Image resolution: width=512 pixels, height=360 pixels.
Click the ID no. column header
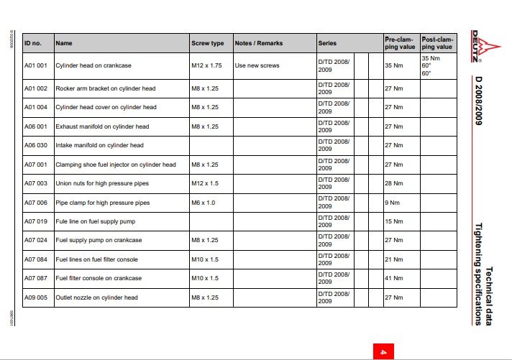point(34,43)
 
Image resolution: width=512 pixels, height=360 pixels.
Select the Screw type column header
point(207,43)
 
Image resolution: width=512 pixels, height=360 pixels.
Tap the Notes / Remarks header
point(259,43)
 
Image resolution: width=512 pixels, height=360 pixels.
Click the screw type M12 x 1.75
point(207,65)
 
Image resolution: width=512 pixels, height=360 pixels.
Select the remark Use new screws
point(257,65)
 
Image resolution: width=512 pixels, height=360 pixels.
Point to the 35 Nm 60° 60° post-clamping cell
point(431,65)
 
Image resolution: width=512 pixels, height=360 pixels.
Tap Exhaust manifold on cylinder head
point(102,126)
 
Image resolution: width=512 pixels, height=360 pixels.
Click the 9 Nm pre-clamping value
point(392,203)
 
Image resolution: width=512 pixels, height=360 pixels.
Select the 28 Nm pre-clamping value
point(393,184)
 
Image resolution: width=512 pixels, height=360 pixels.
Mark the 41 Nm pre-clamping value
point(393,278)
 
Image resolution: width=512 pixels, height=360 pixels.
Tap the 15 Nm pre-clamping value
point(393,221)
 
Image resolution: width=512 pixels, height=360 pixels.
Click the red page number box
point(383,351)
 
